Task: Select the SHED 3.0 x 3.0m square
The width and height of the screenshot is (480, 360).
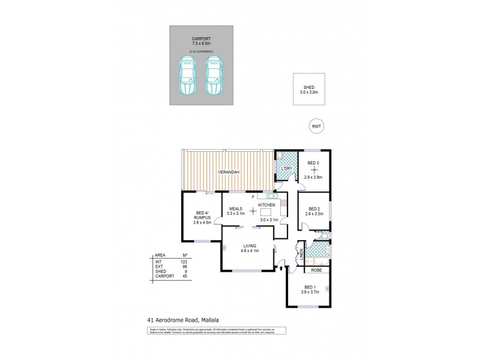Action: tap(310, 90)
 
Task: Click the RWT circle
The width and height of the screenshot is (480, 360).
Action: tap(315, 127)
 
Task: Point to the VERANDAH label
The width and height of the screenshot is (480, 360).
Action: tap(229, 173)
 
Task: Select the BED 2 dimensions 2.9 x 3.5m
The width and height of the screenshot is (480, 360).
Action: tap(314, 214)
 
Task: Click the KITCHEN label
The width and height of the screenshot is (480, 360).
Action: tap(267, 205)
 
